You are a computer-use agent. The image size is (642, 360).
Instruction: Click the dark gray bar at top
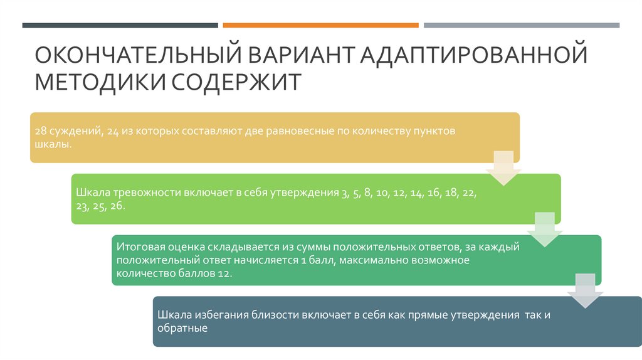point(120,25)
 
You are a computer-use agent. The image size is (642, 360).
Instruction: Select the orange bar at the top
point(320,25)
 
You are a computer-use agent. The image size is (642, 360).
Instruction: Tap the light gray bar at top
point(521,25)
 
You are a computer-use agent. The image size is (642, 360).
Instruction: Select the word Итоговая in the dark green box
point(137,246)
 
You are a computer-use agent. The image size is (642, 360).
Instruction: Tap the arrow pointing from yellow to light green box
point(504,167)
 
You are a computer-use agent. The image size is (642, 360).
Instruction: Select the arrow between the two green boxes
point(544,229)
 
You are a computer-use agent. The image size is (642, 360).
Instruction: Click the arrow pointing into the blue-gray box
point(584,290)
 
